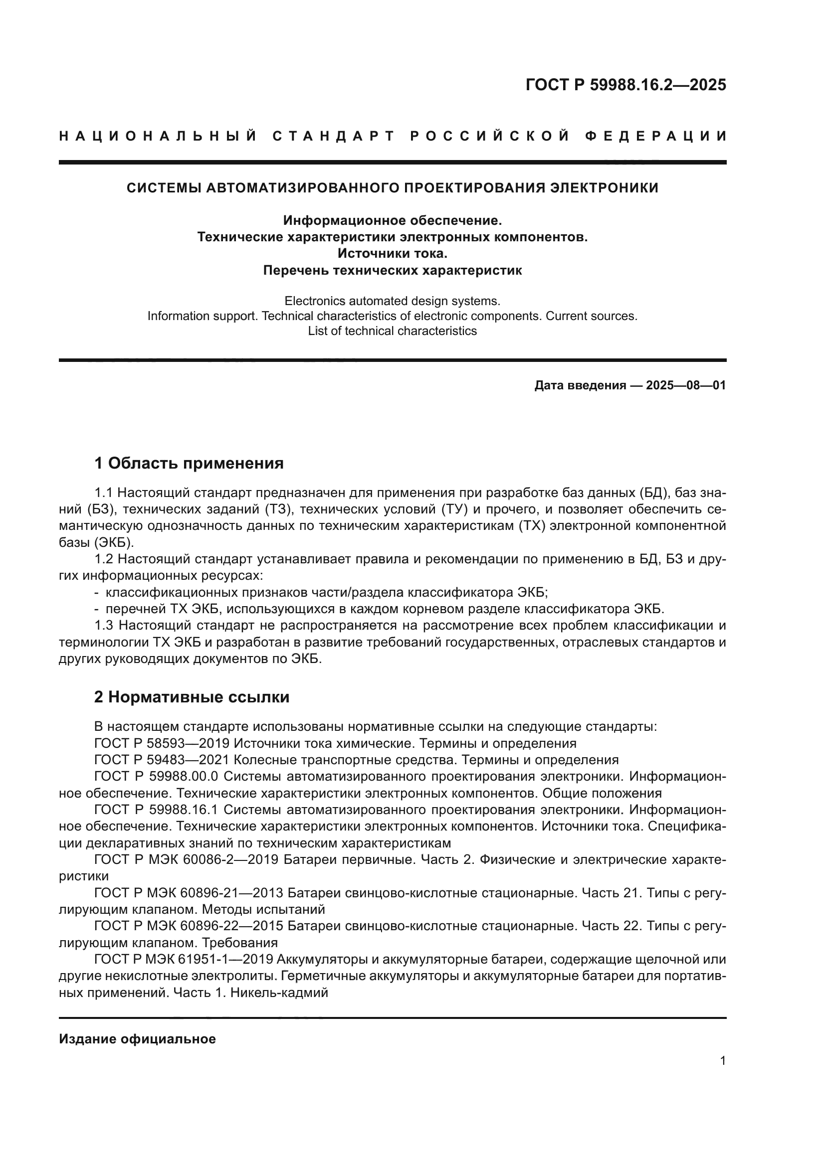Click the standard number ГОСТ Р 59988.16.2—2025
pyautogui.click(x=625, y=85)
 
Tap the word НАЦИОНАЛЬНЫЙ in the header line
pyautogui.click(x=158, y=136)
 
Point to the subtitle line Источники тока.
pyautogui.click(x=392, y=253)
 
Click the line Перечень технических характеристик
pyautogui.click(x=392, y=270)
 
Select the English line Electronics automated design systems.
pyautogui.click(x=392, y=301)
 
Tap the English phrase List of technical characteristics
pyautogui.click(x=392, y=331)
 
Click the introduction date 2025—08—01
pyautogui.click(x=685, y=385)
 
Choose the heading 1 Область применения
pyautogui.click(x=189, y=463)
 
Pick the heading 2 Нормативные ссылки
pyautogui.click(x=192, y=697)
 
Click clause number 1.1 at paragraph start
pyautogui.click(x=104, y=493)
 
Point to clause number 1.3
pyautogui.click(x=104, y=625)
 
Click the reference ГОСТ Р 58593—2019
pyautogui.click(x=163, y=743)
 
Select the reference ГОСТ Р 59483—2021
pyautogui.click(x=163, y=760)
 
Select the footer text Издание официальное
pyautogui.click(x=137, y=1039)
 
